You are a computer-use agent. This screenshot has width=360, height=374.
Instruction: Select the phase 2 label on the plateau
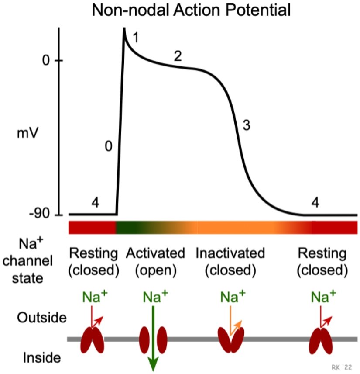(x=177, y=55)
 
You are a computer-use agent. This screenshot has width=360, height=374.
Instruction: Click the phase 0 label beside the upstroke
(x=109, y=147)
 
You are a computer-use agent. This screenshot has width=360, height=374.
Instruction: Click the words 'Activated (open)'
(x=155, y=261)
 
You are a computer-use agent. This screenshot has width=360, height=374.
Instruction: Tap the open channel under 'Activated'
(x=153, y=339)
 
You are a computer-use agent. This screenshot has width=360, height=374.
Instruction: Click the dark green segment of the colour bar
(x=131, y=228)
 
